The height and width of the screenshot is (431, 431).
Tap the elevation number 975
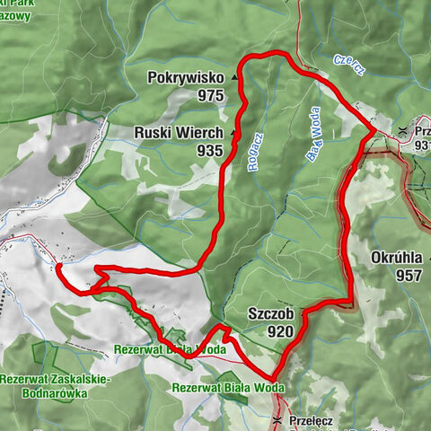click(x=211, y=95)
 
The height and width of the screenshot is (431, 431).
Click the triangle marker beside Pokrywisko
click(x=235, y=79)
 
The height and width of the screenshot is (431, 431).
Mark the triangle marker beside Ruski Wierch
click(x=233, y=133)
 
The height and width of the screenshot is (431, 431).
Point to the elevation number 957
click(x=408, y=276)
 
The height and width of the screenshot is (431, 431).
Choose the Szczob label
click(x=269, y=314)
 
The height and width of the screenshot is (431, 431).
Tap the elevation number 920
click(x=279, y=331)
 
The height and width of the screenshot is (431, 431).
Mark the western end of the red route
click(x=57, y=266)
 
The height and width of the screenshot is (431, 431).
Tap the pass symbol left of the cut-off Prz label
click(x=402, y=131)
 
